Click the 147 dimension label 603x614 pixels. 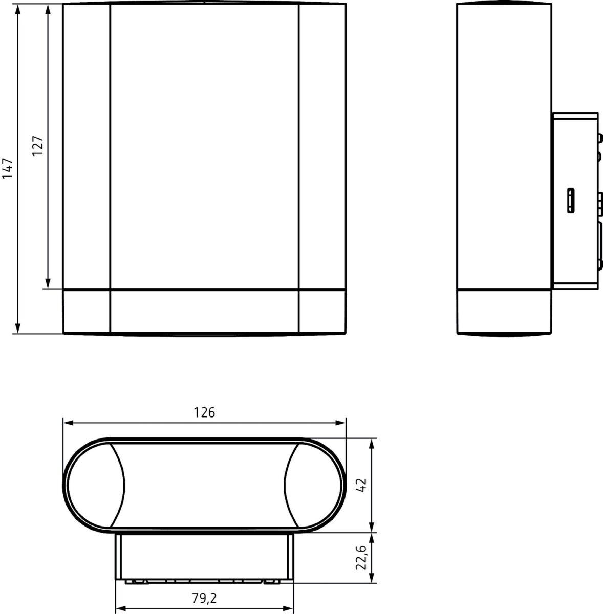click(8, 168)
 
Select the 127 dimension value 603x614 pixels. click(37, 146)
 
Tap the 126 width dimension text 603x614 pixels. click(204, 412)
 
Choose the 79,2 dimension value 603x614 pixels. click(204, 598)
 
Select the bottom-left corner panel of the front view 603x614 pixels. click(87, 311)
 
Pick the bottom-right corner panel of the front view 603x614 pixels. click(322, 311)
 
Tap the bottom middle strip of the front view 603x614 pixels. click(204, 311)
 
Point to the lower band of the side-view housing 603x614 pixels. click(504, 311)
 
